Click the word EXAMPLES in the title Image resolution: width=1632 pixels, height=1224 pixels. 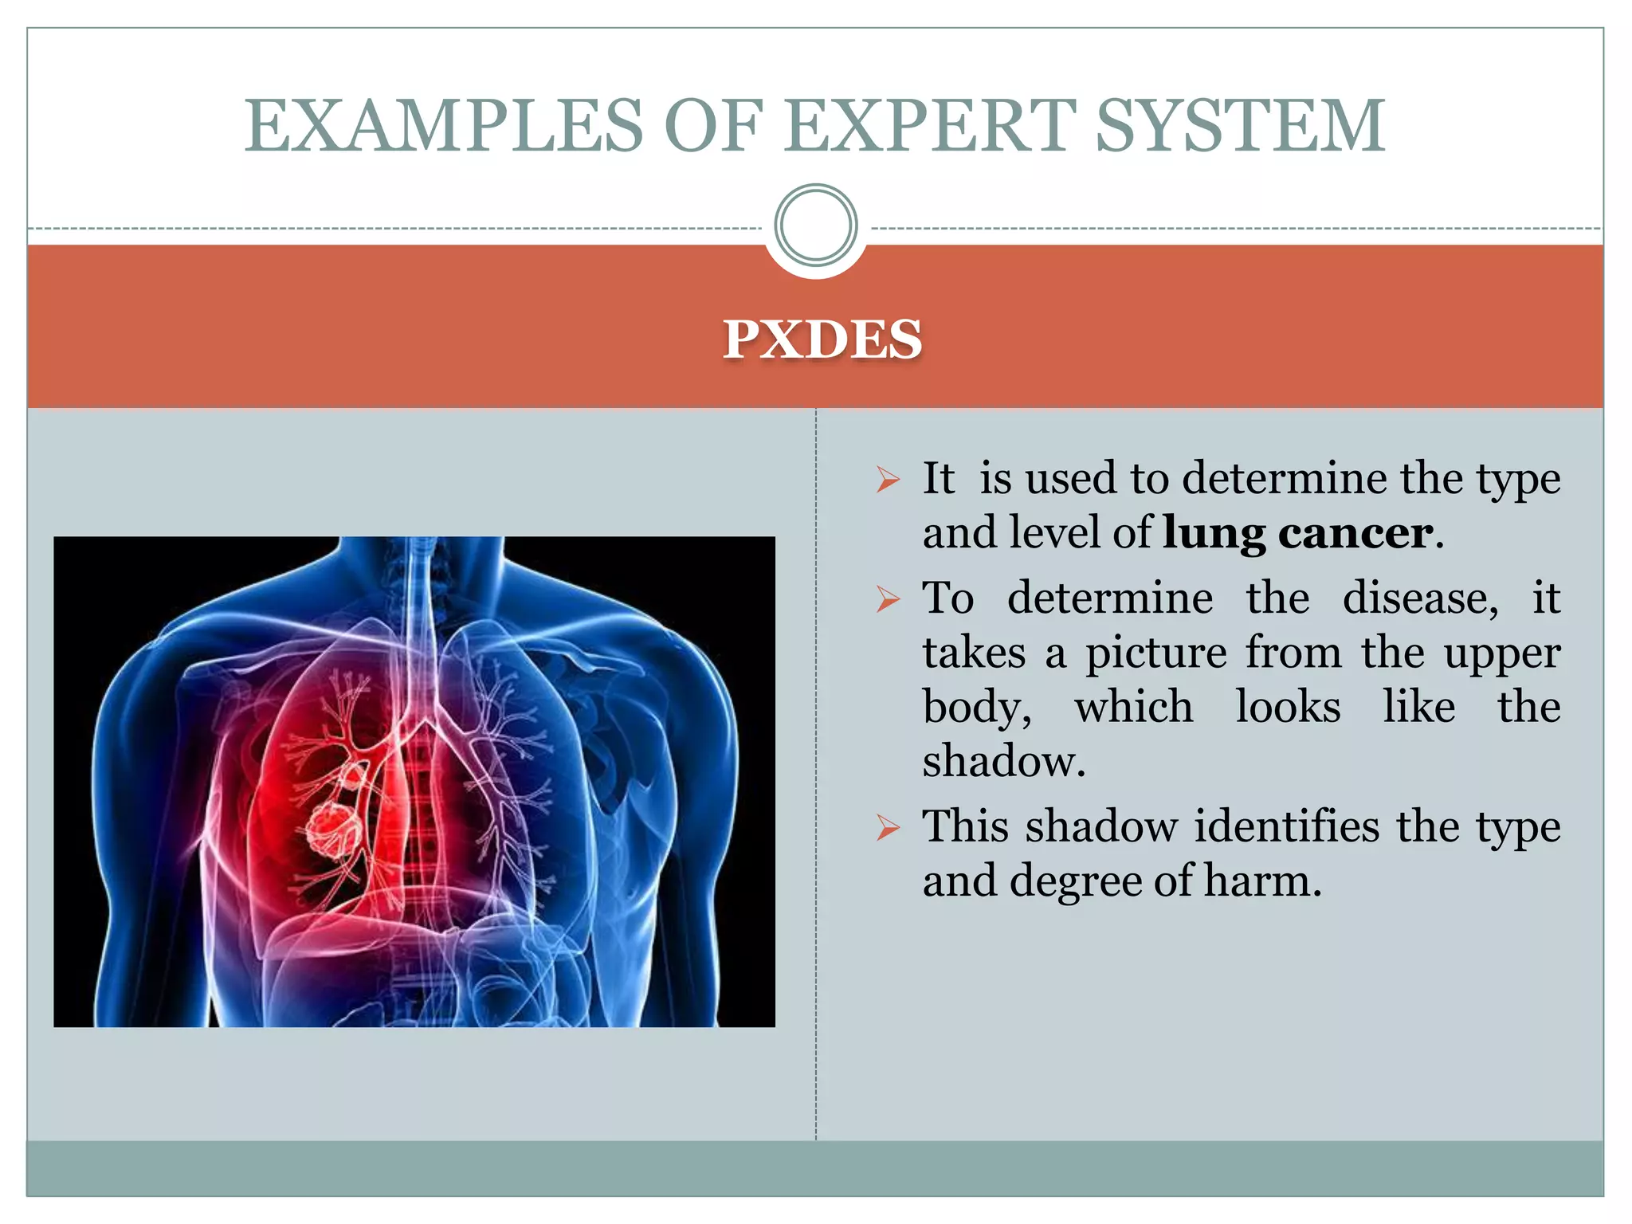[443, 126]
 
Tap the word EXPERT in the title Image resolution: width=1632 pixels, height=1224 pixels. [929, 126]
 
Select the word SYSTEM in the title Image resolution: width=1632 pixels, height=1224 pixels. [1240, 126]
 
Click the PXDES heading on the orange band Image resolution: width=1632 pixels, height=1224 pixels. [822, 339]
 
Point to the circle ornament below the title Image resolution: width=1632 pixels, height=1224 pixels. [815, 226]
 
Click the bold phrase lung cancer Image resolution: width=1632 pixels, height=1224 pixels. [1298, 532]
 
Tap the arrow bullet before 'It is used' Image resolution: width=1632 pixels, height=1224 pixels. [887, 480]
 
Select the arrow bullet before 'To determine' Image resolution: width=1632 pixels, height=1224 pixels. [887, 599]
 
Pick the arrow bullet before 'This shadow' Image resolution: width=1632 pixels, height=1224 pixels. [887, 828]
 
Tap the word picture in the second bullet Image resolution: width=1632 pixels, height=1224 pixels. [1155, 653]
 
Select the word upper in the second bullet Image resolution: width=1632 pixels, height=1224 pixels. [1501, 654]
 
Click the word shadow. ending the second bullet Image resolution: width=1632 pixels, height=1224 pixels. [1003, 761]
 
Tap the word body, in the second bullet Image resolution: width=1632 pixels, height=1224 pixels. [977, 708]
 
